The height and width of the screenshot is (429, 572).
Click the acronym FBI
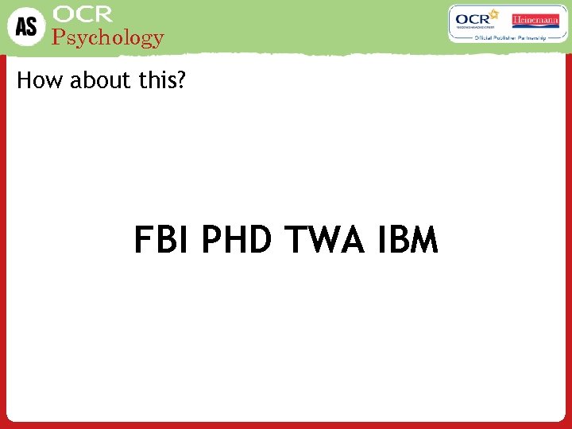(161, 240)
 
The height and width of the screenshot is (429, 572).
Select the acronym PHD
(237, 240)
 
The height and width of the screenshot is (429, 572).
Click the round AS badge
(26, 26)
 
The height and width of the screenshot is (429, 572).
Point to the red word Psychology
(107, 37)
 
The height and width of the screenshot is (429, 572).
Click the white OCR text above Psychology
(83, 14)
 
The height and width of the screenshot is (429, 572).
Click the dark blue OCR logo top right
(473, 19)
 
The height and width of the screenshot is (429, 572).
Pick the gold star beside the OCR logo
(493, 14)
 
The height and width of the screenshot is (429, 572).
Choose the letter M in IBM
(424, 240)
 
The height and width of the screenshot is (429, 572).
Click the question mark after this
(180, 81)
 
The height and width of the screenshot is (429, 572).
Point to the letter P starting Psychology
(57, 37)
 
